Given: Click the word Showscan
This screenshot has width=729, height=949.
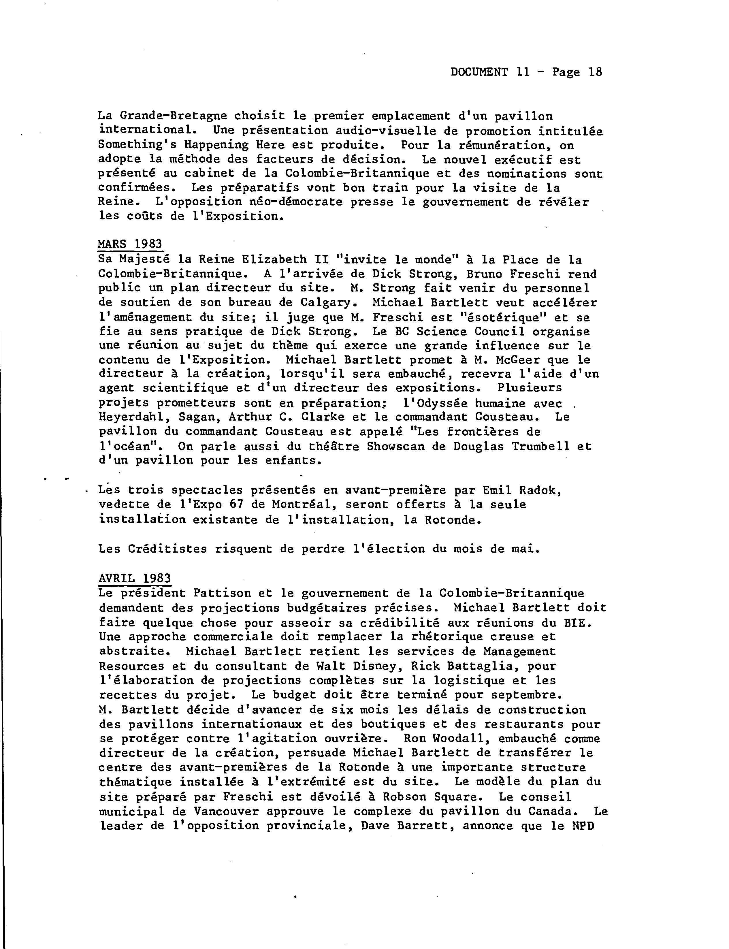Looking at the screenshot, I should tap(395, 446).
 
